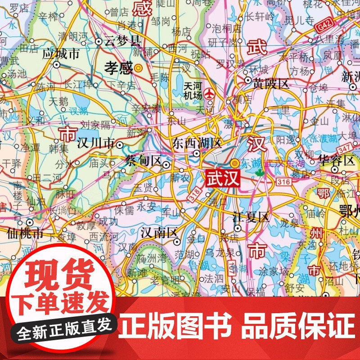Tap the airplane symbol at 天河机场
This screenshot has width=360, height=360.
tap(209, 94)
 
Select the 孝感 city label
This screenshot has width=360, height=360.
tap(119, 68)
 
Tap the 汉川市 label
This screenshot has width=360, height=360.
tap(95, 144)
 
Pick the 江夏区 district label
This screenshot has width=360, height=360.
tap(251, 218)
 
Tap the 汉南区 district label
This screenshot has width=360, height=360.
tap(157, 233)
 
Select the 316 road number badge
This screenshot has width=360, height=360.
tap(284, 181)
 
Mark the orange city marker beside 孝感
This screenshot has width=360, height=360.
tap(139, 68)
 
